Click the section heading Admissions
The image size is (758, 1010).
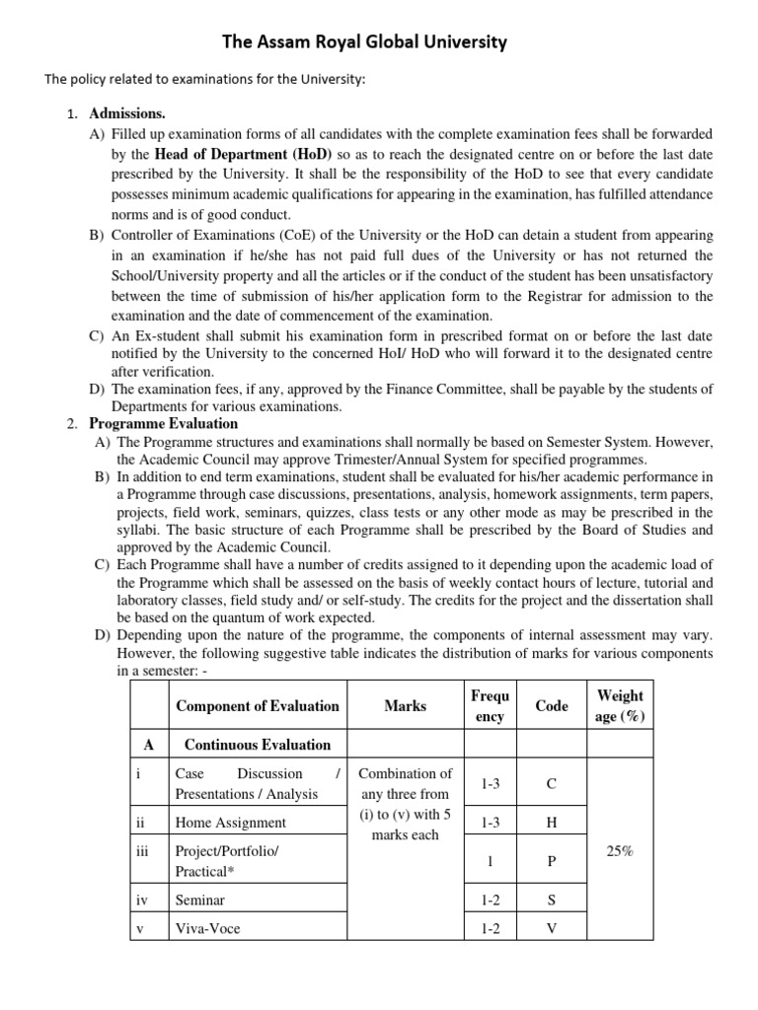tap(127, 113)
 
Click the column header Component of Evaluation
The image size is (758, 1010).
tap(257, 705)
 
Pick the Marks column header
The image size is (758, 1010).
tap(406, 705)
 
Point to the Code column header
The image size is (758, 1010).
tap(551, 705)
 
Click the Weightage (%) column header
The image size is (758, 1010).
tap(619, 706)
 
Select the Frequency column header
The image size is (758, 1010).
tap(491, 706)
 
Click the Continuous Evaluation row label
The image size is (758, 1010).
tap(258, 745)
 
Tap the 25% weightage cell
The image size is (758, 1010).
tap(619, 850)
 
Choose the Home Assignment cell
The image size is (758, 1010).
tap(230, 822)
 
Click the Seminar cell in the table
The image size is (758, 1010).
tap(199, 900)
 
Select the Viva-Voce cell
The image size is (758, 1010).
tap(207, 928)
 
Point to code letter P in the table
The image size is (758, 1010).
tap(551, 860)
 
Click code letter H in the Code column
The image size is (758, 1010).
tap(551, 822)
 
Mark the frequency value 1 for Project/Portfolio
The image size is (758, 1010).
tap(491, 860)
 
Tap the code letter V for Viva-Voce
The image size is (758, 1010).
tap(551, 928)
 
